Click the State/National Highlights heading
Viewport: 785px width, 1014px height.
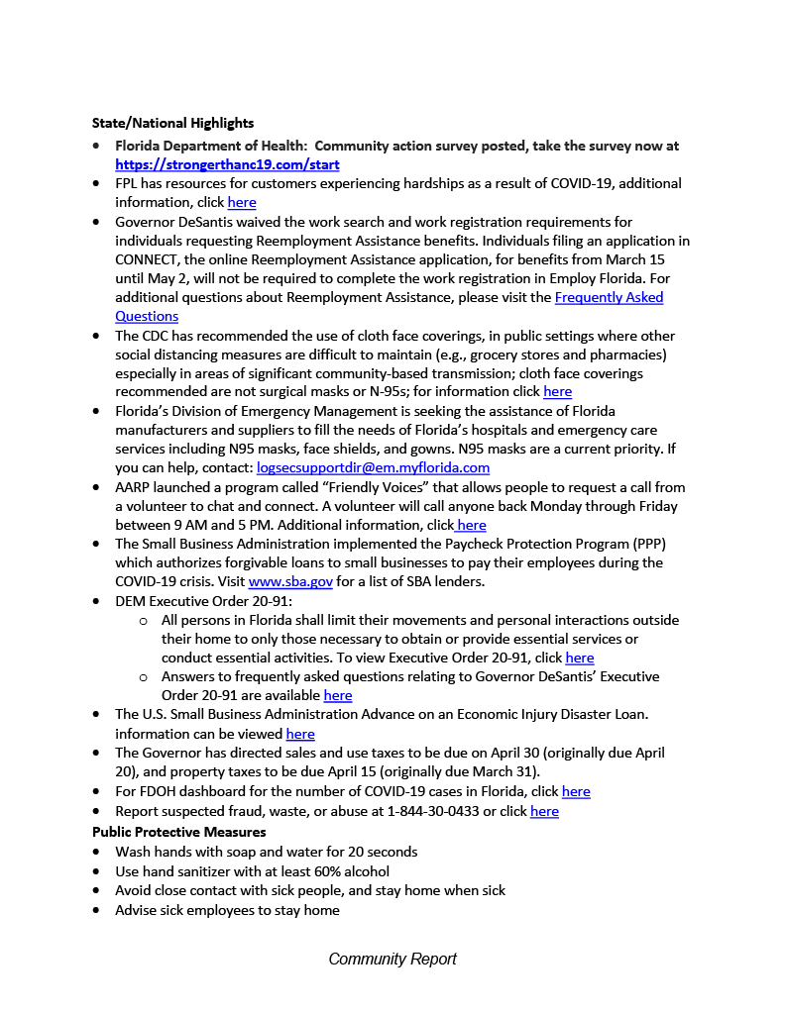click(x=172, y=123)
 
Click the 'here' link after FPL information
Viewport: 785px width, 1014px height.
click(x=242, y=202)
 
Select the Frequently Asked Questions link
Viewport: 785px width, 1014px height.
click(x=609, y=297)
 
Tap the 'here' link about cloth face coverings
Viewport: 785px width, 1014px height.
click(x=557, y=391)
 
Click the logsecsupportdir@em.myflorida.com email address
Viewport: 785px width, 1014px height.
click(x=373, y=467)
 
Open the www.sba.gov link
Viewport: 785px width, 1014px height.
click(x=290, y=581)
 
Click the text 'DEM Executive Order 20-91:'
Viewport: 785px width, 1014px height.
click(x=194, y=600)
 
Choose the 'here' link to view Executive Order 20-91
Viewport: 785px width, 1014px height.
click(x=580, y=658)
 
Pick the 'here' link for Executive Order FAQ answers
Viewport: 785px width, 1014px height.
click(x=338, y=695)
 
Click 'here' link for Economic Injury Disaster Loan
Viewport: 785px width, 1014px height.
click(x=300, y=734)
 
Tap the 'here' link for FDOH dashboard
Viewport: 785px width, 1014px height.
click(x=576, y=791)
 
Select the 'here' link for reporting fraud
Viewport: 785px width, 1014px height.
click(x=544, y=811)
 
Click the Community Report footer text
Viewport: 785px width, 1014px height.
click(x=392, y=959)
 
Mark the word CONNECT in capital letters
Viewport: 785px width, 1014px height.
click(x=148, y=259)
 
